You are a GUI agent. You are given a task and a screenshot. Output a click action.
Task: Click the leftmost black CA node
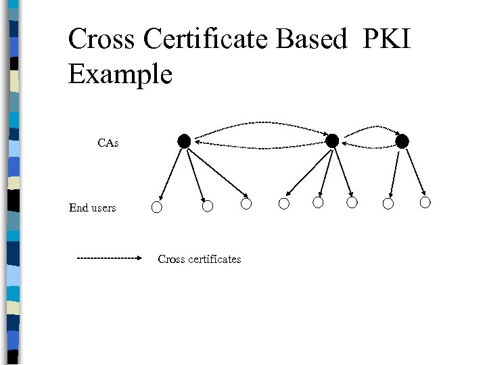tap(184, 141)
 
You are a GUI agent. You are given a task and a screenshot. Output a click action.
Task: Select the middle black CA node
tap(332, 141)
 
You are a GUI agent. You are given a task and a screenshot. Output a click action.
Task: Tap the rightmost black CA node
tap(402, 141)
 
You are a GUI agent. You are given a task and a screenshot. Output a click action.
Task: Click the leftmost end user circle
tap(157, 207)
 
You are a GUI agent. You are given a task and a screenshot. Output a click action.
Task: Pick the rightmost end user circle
tap(425, 202)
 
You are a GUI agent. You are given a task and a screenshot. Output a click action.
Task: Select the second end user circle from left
tap(208, 204)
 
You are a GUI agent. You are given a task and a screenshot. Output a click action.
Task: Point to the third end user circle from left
tap(246, 203)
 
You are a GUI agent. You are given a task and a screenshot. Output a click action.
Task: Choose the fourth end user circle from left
tap(284, 203)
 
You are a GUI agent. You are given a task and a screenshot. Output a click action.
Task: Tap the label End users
tap(92, 208)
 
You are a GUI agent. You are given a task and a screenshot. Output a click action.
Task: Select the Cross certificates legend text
tap(199, 259)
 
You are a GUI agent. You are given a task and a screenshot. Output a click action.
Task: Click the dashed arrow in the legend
tap(108, 258)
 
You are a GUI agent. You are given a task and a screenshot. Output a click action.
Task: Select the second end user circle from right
tap(388, 203)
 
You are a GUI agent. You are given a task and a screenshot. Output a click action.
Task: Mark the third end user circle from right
tap(352, 203)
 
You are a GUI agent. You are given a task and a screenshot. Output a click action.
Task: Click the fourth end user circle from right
tap(318, 203)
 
